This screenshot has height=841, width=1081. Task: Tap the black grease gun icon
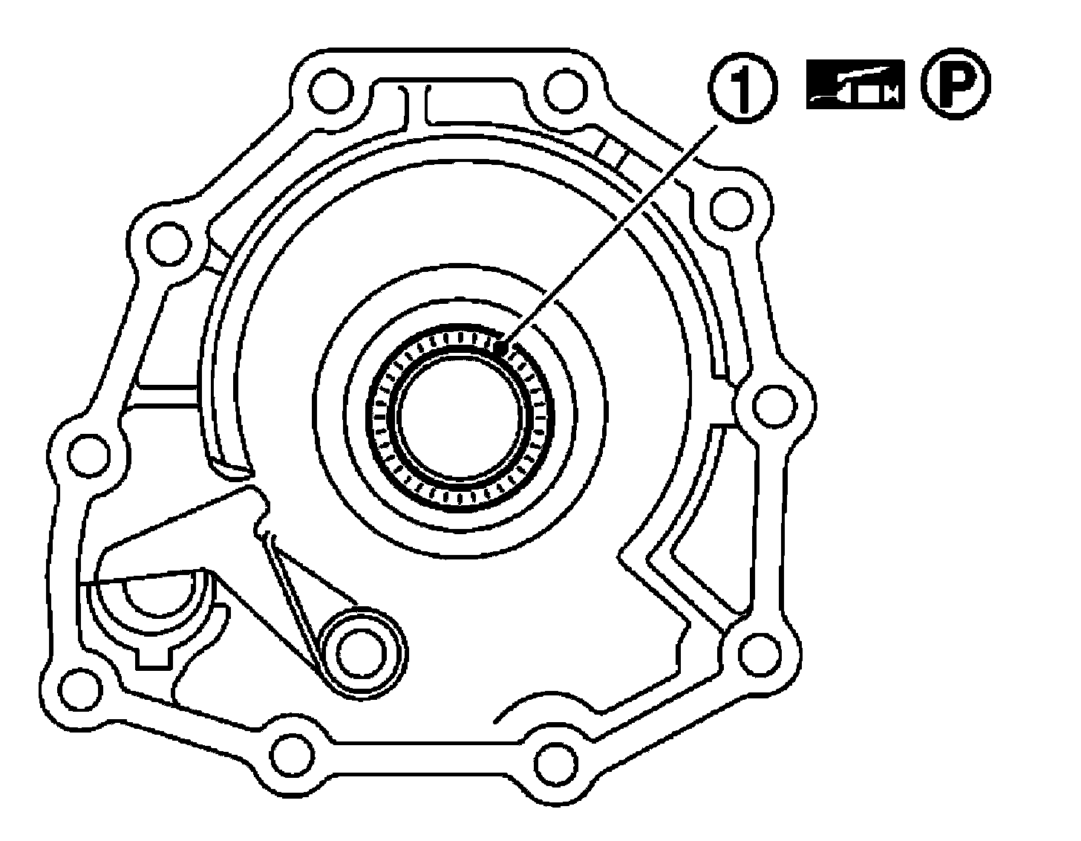pyautogui.click(x=855, y=84)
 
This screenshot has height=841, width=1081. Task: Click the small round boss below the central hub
pyautogui.click(x=361, y=652)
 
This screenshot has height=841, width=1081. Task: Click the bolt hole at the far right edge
pyautogui.click(x=774, y=406)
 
